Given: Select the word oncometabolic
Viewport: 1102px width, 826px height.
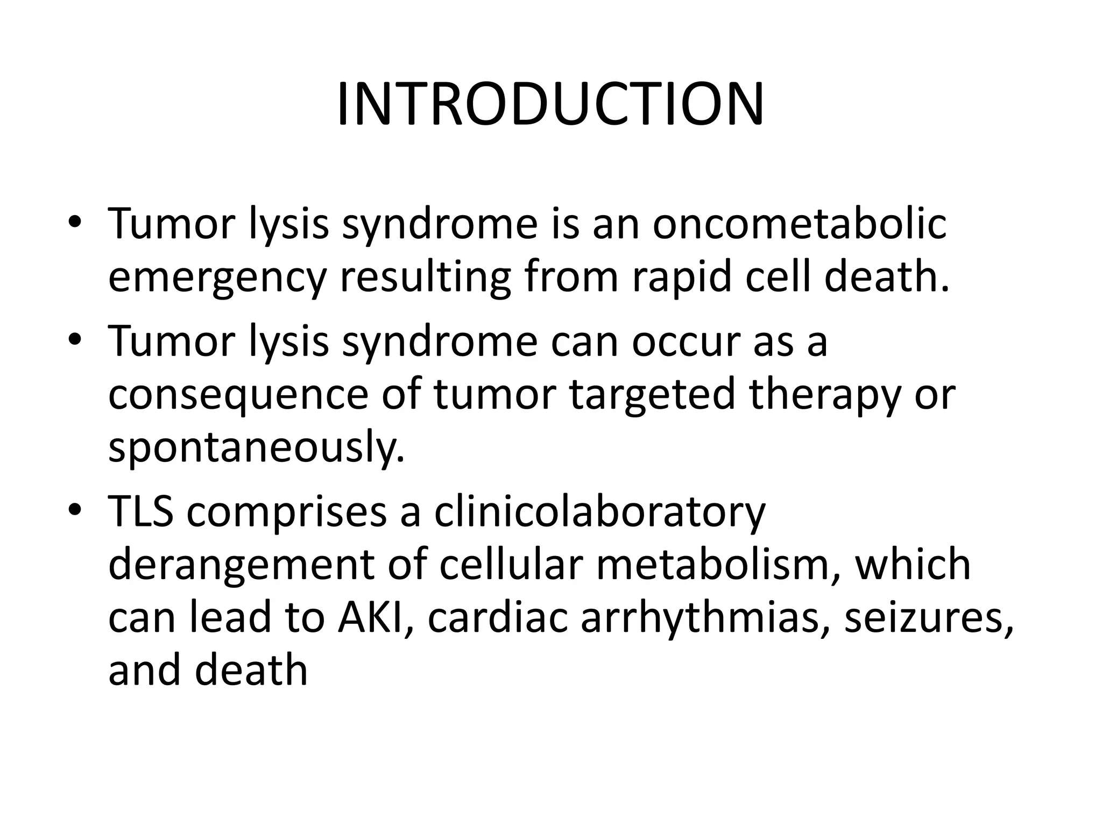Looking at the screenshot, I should pos(800,224).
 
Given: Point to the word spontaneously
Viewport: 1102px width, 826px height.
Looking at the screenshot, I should pos(256,447).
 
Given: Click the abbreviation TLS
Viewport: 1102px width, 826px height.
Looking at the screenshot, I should pos(141,511).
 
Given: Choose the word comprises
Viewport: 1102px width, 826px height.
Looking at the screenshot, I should pos(287,511).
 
